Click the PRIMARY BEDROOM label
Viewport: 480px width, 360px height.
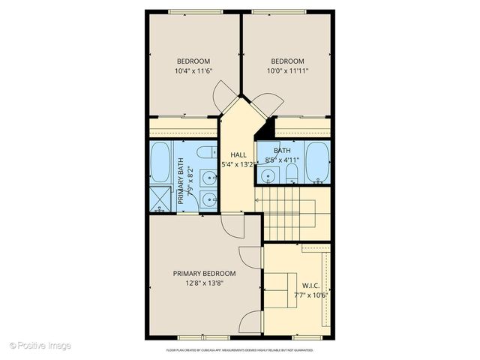coord(204,273)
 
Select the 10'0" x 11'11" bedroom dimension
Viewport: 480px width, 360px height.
coord(287,71)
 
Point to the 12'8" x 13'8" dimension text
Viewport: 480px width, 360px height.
coord(204,283)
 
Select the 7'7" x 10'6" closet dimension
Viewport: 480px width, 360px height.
coord(309,295)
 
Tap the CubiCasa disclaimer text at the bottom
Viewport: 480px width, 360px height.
coord(239,349)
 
